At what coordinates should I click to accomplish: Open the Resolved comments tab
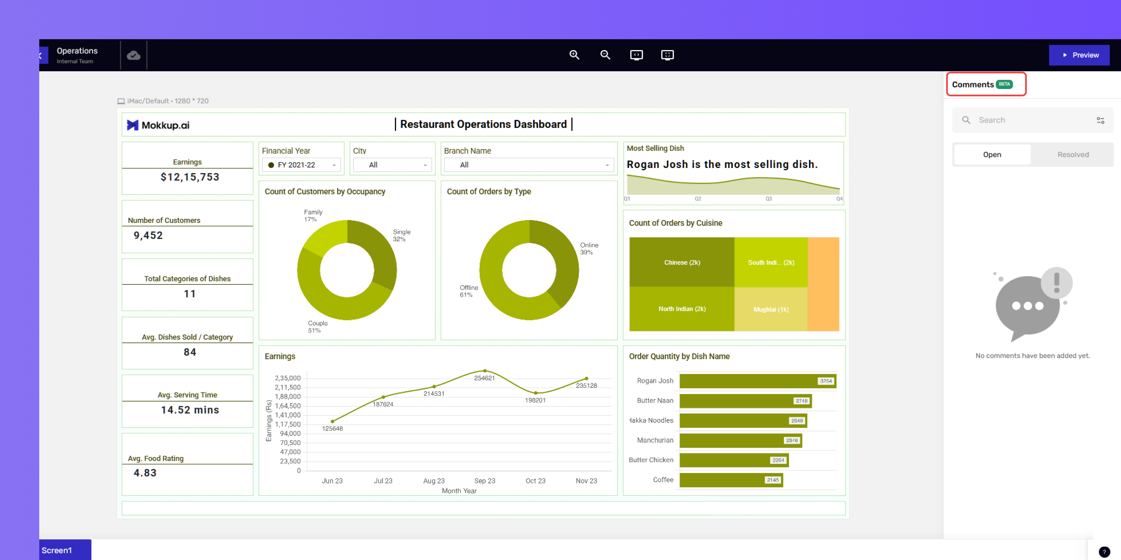pos(1073,154)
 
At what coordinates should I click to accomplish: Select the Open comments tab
pos(992,154)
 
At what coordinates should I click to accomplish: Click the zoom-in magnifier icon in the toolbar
pos(575,55)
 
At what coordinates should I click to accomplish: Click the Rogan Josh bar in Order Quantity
pos(758,381)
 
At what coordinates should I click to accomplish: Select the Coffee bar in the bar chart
pos(731,480)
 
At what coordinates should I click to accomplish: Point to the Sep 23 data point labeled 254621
pos(485,371)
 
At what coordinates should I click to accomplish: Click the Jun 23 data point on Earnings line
pos(332,421)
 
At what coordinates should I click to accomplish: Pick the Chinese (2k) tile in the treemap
pos(682,262)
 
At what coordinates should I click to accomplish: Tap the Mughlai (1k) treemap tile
pos(771,309)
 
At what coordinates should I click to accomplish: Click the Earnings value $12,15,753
pos(190,177)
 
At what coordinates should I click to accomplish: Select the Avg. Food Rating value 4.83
pos(145,473)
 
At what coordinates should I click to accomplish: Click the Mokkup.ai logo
pos(158,125)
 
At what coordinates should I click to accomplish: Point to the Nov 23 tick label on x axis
pos(586,480)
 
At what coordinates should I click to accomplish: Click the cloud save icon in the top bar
pos(134,55)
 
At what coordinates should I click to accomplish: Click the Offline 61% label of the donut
pos(469,291)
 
